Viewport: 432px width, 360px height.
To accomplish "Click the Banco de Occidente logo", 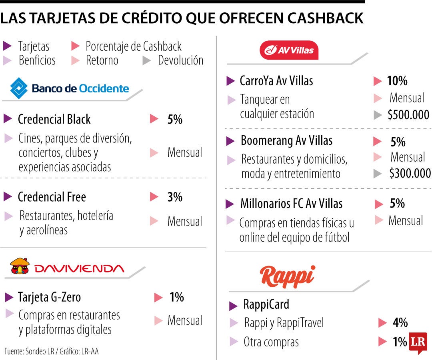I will [70, 88].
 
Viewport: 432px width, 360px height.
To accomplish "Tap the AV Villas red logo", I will [289, 50].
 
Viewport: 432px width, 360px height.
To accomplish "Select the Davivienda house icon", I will [20, 267].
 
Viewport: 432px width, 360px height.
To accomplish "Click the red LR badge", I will [418, 342].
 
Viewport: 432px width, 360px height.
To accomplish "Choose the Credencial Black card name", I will [54, 119].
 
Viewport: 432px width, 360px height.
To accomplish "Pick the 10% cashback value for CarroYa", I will [397, 81].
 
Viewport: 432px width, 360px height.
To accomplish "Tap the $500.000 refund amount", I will [408, 115].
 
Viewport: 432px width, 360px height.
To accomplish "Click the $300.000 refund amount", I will [410, 173].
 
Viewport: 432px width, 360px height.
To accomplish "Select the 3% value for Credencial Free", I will [175, 197].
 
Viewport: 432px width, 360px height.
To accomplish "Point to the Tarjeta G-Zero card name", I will [49, 297].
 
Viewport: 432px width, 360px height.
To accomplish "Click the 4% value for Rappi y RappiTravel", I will [400, 322].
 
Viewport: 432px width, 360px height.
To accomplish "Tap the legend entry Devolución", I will [180, 60].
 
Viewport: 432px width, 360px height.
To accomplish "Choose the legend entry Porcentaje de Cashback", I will [134, 46].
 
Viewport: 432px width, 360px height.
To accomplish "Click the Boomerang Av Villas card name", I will [286, 141].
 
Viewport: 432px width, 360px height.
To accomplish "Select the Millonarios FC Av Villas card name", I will [291, 204].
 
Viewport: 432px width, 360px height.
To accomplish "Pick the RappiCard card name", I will [266, 305].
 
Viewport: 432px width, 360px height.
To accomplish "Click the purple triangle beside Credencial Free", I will [8, 197].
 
